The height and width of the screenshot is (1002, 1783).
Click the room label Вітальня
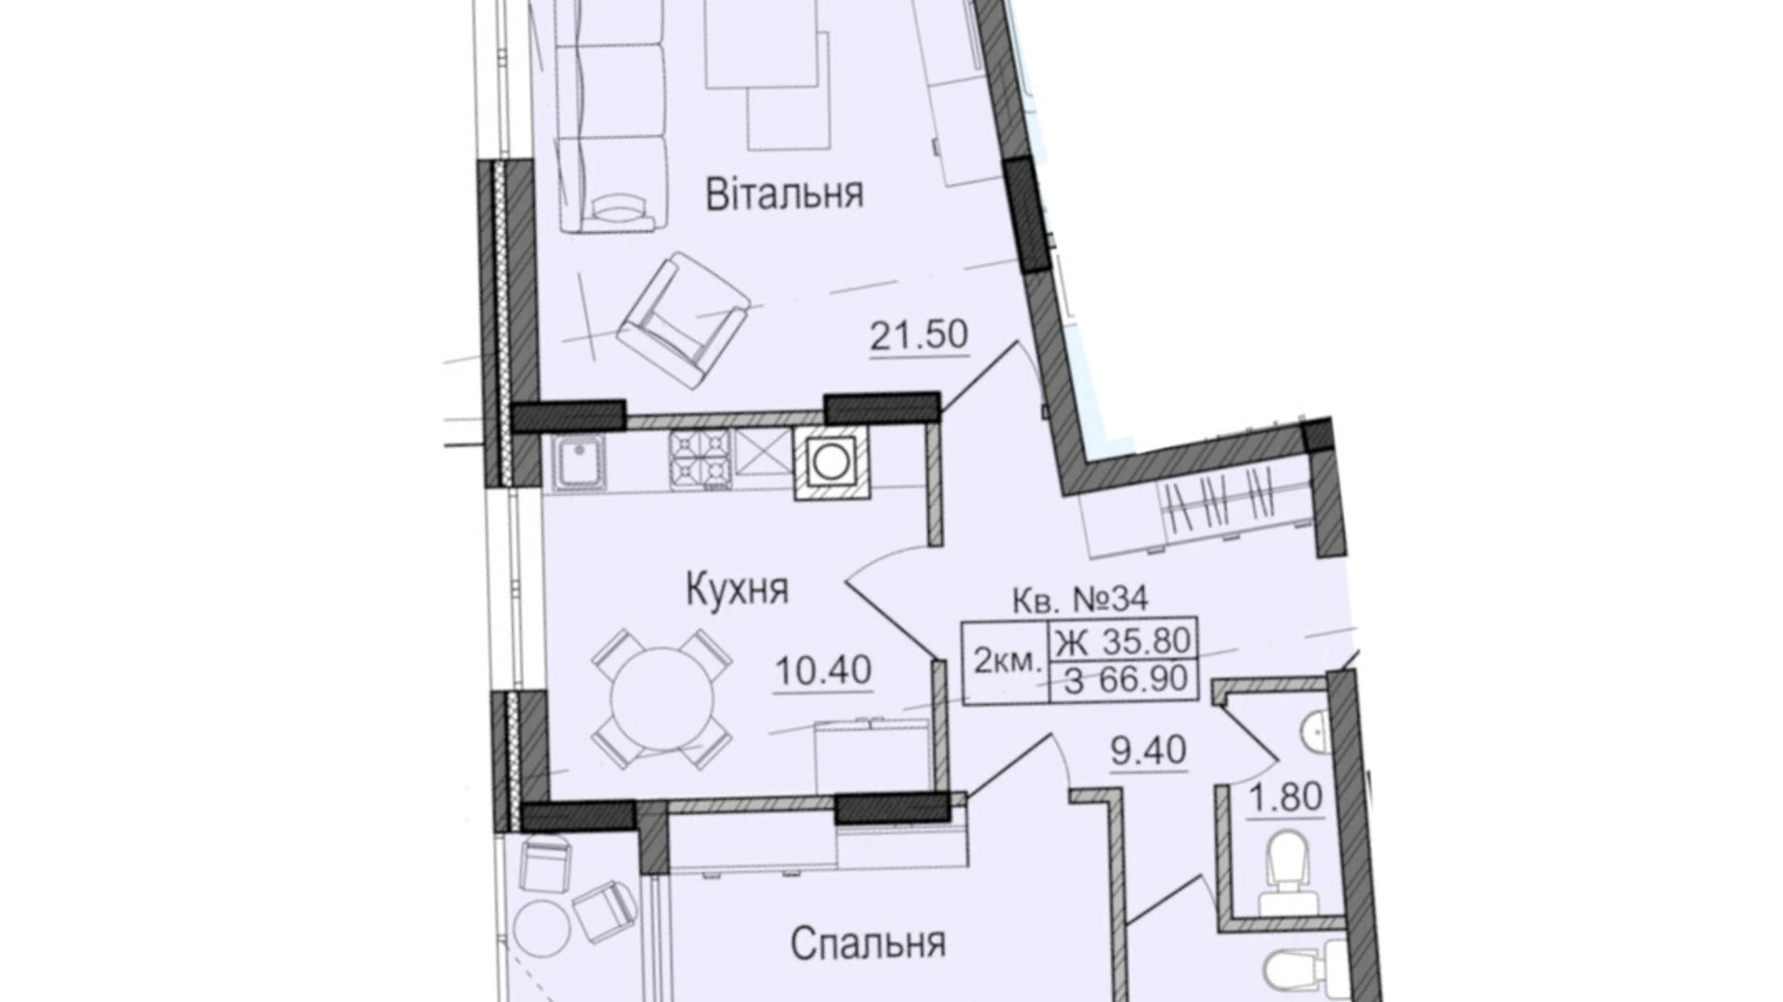[x=784, y=194]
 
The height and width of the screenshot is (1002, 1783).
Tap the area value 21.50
[x=918, y=335]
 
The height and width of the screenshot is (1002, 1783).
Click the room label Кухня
[x=737, y=588]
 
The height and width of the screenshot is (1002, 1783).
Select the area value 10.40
[x=823, y=670]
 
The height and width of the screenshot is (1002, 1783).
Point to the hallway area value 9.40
[x=1148, y=751]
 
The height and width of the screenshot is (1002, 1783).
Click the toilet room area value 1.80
[x=1285, y=798]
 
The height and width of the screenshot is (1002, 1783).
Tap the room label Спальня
[x=867, y=943]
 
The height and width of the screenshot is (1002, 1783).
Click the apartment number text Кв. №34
[x=1079, y=599]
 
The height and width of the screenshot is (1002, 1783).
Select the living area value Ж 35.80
[x=1124, y=639]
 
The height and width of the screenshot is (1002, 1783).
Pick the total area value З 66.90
[x=1124, y=680]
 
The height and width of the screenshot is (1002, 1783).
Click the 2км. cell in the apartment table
[x=1006, y=661]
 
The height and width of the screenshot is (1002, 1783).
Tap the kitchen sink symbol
[x=578, y=463]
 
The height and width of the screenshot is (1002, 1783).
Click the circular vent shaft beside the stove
[x=830, y=462]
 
